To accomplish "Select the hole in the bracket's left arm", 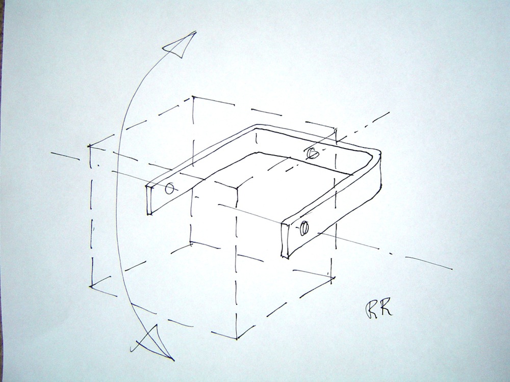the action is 169,188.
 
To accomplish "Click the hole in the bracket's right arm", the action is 304,228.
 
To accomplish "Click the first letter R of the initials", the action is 371,309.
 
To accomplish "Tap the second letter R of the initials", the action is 386,308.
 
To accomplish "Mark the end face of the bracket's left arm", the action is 149,200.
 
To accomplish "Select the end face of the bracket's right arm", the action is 285,241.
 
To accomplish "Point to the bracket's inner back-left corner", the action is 257,130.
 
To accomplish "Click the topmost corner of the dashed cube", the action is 193,96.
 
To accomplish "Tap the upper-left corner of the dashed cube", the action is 89,146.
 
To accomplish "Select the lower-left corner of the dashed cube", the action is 91,287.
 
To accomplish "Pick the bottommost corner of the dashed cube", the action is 237,339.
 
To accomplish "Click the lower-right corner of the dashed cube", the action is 333,278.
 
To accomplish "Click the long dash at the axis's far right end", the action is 429,263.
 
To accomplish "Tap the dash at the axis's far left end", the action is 65,155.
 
